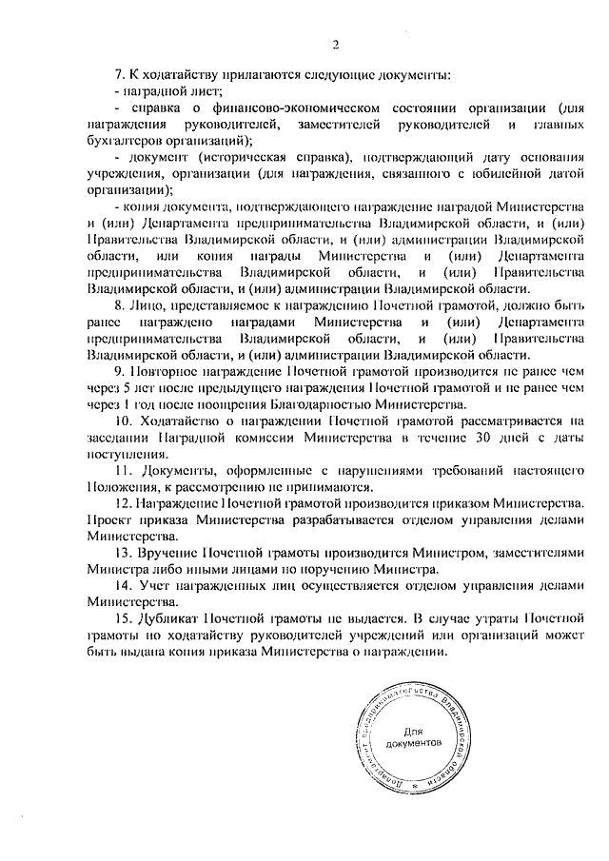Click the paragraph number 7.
(119, 74)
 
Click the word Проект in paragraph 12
(108, 519)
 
